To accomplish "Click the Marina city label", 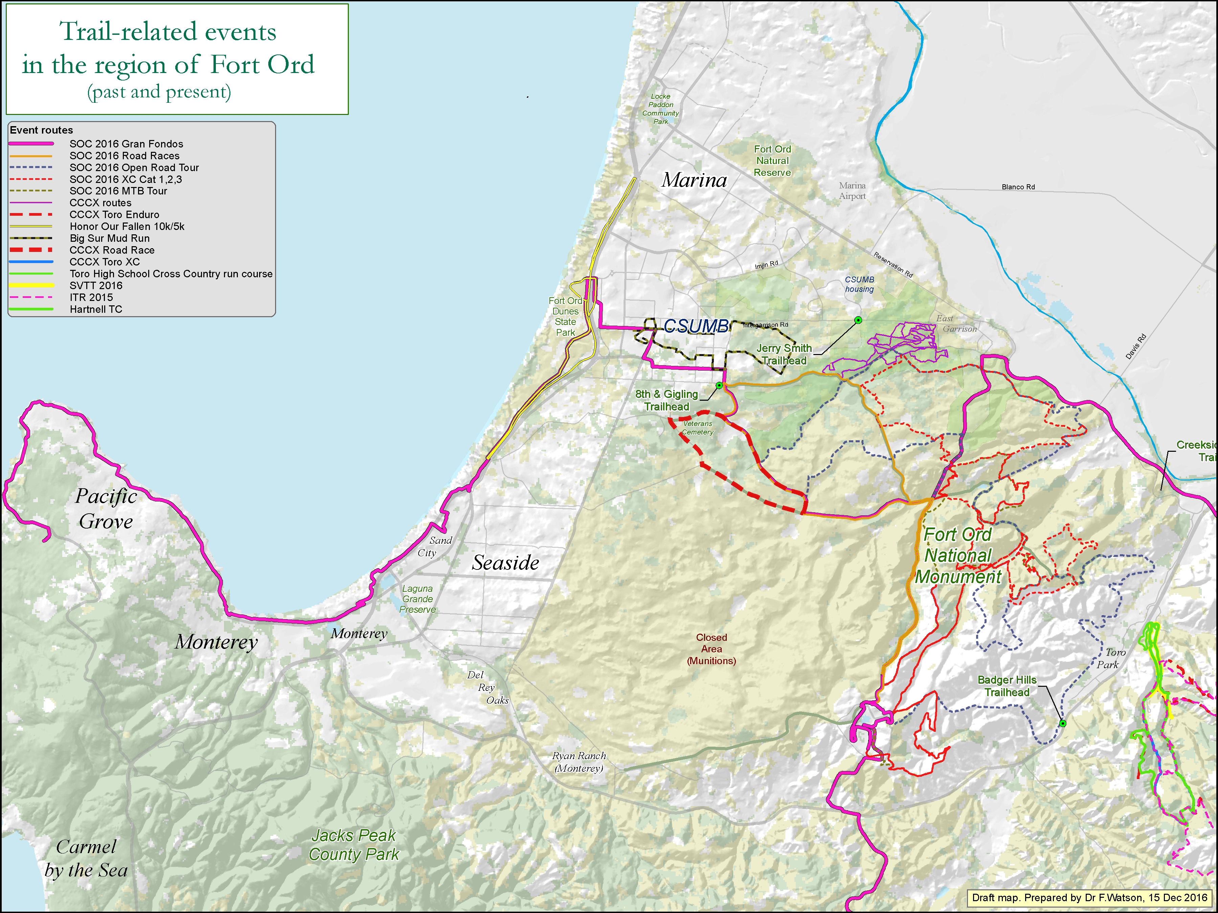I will tap(694, 180).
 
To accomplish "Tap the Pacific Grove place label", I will tap(106, 509).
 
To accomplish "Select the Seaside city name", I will tap(505, 562).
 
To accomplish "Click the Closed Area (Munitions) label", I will tap(712, 649).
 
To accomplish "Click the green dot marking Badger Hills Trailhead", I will tap(1063, 723).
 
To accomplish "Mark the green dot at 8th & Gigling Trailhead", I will tap(719, 385).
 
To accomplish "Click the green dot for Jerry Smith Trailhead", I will tap(858, 320).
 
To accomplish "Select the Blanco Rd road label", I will tap(1018, 187).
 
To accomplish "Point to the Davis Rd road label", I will tap(1135, 347).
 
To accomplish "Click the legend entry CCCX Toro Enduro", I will tap(114, 215).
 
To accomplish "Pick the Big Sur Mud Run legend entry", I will tap(110, 238).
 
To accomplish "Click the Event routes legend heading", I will tap(41, 130).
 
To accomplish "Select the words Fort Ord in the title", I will tap(262, 64).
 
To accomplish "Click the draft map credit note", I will tap(1089, 897).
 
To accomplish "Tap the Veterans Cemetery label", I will tap(698, 428).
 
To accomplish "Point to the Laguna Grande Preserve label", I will tap(418, 599).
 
